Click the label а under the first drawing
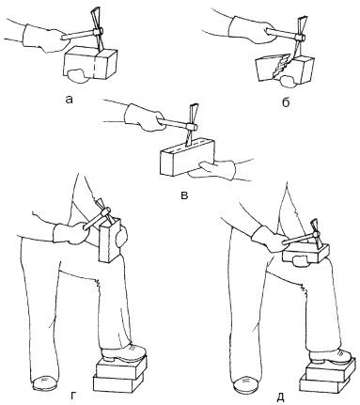coord(69,100)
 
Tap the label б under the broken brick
coord(285,101)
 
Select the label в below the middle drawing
coord(185,195)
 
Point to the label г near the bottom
coord(72,396)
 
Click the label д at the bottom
coord(280,397)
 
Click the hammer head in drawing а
coord(97,31)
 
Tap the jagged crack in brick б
coord(281,67)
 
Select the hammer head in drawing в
coord(191,126)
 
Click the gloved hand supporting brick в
coord(216,169)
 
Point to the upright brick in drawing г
coord(109,241)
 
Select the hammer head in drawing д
coord(316,236)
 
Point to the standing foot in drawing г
coord(44,382)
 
